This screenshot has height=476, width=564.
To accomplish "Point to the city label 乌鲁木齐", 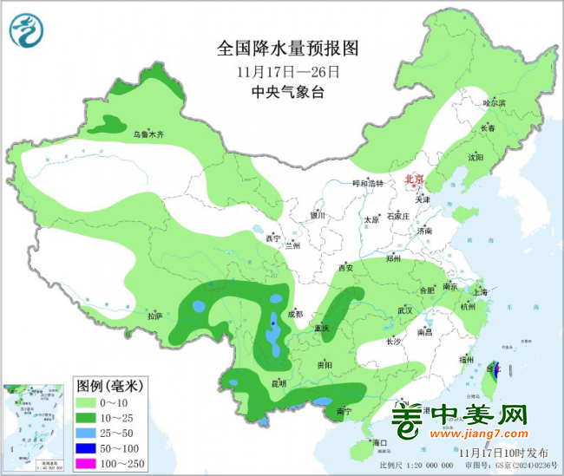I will coord(148,134).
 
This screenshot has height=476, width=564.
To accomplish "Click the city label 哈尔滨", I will coord(494,102).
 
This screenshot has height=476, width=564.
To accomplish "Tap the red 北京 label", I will coord(416,180).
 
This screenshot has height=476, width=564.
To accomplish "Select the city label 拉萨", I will coord(154,316).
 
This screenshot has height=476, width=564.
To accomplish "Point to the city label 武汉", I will coord(405,310).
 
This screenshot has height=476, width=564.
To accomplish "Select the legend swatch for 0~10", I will coord(90,403).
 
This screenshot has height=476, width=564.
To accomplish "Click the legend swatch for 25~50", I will coord(90,433).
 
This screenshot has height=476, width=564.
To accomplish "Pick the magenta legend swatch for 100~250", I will coord(90,462).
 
